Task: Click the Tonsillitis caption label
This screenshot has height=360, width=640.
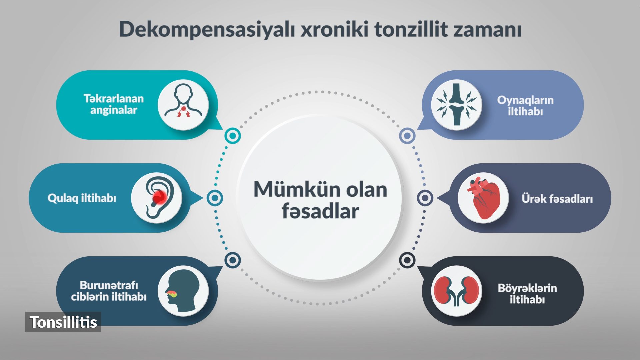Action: click(63, 322)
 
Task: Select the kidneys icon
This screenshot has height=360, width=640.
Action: click(457, 291)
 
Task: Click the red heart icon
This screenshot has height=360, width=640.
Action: click(483, 198)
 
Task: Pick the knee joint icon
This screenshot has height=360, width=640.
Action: click(457, 105)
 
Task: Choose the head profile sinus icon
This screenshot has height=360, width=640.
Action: click(183, 291)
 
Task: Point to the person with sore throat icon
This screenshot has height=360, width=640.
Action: click(183, 102)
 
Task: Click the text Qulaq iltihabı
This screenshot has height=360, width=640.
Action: click(82, 198)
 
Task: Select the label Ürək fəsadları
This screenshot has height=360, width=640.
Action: click(557, 199)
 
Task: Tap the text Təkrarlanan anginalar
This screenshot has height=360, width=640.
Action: click(114, 104)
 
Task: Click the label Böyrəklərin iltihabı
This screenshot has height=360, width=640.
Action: click(527, 294)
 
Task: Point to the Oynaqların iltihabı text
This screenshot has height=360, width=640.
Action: click(525, 106)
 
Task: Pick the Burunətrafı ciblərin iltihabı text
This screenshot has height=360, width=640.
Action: click(109, 291)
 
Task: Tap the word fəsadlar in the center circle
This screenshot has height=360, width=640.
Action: click(320, 211)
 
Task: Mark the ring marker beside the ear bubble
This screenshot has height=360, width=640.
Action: click(215, 198)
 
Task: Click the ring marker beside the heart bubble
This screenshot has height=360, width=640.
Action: click(425, 198)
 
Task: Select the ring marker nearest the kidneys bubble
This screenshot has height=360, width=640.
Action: click(407, 260)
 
